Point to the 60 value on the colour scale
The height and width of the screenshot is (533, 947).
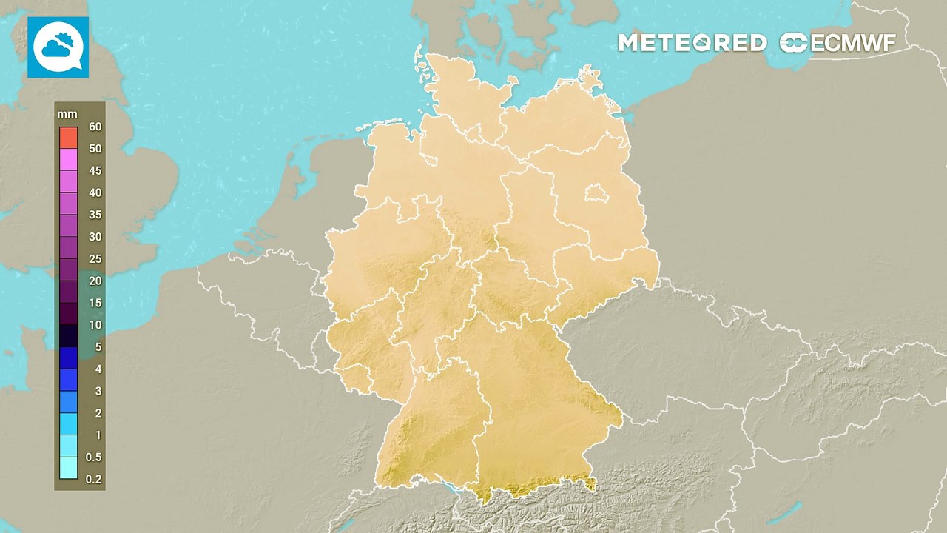tap(95, 127)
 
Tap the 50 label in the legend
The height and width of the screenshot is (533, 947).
tap(95, 149)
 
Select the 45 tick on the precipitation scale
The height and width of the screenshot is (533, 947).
tap(95, 171)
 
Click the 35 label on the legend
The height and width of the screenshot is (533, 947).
tap(95, 215)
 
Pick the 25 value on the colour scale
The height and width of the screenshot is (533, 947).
tap(95, 259)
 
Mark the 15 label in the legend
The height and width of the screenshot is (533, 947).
tap(95, 303)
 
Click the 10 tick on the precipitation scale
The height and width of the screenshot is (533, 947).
tap(95, 325)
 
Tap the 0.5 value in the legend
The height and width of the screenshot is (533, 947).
tap(93, 457)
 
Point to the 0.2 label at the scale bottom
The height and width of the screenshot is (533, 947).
tap(93, 479)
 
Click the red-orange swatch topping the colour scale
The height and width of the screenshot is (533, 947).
tap(69, 137)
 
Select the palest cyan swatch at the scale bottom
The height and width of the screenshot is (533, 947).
tap(69, 468)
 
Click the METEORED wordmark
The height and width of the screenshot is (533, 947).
tap(692, 43)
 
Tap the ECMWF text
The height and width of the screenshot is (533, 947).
tap(853, 43)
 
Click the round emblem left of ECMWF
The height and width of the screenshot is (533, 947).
tap(794, 43)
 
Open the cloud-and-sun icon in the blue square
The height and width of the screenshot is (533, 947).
tap(58, 47)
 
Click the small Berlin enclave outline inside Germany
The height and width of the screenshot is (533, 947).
tap(596, 195)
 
